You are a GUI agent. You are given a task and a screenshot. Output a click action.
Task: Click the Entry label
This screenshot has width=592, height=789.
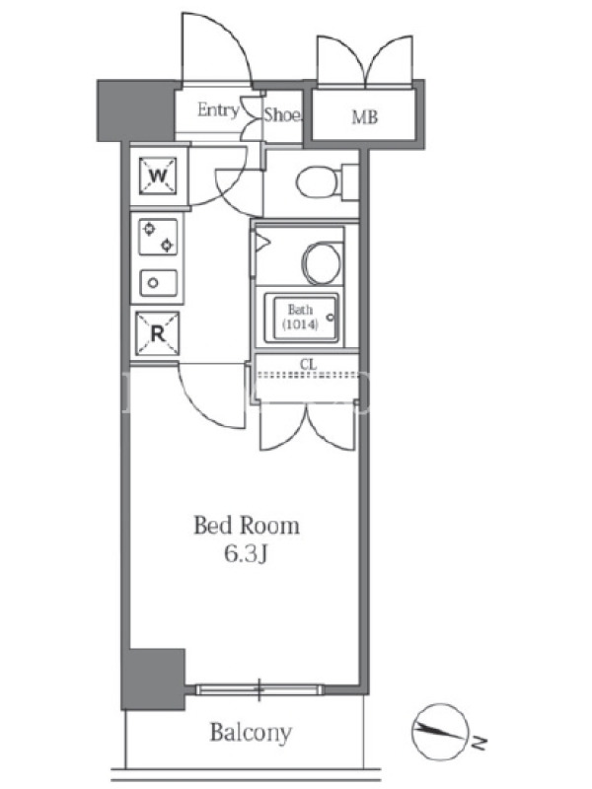click(x=218, y=109)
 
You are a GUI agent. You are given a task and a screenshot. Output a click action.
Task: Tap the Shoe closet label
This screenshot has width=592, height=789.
click(x=283, y=114)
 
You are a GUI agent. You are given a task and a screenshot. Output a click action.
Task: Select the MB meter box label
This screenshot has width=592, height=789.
click(x=364, y=117)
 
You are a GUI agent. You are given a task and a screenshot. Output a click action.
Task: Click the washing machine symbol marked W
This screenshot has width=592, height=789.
click(x=158, y=177)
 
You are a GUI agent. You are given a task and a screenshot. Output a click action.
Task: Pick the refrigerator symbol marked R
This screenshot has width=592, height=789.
click(x=158, y=333)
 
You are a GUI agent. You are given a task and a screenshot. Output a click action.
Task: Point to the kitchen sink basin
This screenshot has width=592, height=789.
click(x=159, y=283)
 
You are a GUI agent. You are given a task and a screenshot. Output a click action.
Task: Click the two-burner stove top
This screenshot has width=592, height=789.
click(x=158, y=237)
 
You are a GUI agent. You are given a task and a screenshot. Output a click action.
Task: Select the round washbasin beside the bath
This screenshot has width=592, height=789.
click(x=321, y=263)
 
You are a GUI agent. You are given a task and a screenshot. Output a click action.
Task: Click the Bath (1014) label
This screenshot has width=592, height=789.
click(x=301, y=317)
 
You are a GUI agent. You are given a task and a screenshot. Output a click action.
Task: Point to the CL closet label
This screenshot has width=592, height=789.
click(x=308, y=364)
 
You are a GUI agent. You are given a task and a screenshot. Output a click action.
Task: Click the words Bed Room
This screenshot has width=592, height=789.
click(x=247, y=526)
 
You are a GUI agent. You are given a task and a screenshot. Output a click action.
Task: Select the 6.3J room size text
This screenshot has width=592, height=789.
click(x=245, y=554)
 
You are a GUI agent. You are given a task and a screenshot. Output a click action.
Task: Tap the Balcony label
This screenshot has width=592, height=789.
click(x=251, y=732)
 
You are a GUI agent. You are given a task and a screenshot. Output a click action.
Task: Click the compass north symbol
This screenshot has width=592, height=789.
click(x=439, y=732)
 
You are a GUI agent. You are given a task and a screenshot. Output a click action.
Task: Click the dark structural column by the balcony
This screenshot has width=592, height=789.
click(x=154, y=680)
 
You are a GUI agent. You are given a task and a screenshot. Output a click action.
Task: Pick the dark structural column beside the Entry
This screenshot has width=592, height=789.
click(x=135, y=110)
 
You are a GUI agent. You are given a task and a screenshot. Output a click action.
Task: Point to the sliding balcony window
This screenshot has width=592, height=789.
click(x=259, y=689)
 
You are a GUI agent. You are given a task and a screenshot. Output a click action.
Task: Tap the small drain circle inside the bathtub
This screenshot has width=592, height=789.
click(x=331, y=318)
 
